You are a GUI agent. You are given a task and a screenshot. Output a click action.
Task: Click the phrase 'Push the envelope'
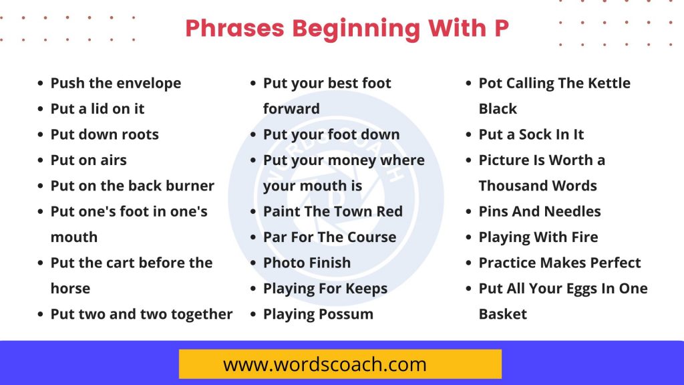116,83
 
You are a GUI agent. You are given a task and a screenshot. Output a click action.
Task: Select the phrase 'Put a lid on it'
98,109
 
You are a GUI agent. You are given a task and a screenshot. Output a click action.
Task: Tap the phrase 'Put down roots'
105,134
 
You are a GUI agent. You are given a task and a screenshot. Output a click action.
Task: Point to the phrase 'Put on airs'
89,160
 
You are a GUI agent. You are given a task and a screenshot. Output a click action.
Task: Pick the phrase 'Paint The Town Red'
333,211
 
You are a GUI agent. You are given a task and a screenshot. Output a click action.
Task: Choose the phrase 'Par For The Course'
330,237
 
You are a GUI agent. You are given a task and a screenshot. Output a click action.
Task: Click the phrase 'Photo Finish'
307,263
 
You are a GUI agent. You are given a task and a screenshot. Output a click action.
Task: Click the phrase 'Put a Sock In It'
531,134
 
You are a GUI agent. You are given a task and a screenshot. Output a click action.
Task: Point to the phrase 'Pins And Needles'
540,211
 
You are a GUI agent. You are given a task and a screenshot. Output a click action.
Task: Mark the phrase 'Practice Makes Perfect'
560,263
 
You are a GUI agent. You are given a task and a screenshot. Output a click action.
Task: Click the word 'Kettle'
609,83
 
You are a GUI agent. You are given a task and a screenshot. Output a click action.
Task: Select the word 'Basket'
502,314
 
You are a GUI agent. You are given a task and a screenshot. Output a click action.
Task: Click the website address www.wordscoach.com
325,364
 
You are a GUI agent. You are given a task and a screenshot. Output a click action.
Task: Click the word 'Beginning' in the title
356,29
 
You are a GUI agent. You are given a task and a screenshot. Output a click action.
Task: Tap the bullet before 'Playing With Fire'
468,237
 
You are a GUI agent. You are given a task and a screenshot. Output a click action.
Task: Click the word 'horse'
70,289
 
